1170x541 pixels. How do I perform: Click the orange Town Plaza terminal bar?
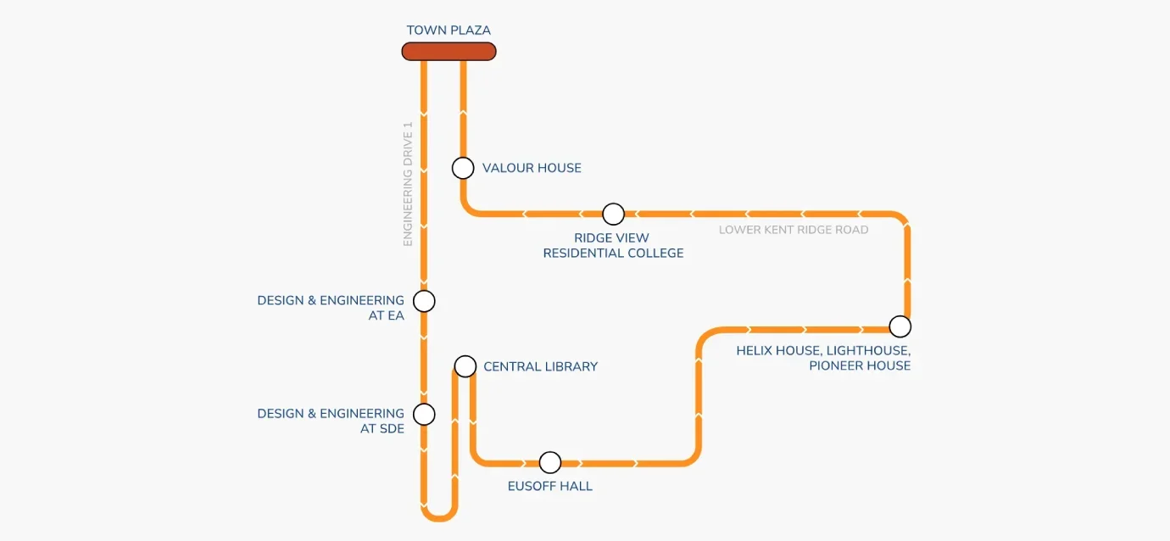tap(448, 52)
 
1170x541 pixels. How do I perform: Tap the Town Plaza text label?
tap(448, 31)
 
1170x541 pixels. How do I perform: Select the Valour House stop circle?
tap(463, 168)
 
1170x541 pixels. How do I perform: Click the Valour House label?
tap(532, 168)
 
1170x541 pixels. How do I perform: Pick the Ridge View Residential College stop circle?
tap(613, 214)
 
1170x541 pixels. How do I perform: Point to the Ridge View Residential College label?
tap(613, 246)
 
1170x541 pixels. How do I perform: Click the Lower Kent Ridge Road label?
tap(794, 230)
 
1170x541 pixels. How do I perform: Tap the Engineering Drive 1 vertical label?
tap(408, 184)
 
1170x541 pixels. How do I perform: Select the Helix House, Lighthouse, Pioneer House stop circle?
tap(900, 326)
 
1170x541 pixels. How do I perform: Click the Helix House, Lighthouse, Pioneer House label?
tap(823, 358)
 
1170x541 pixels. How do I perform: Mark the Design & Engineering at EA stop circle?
tap(424, 301)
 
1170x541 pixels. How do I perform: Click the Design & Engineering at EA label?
tap(331, 308)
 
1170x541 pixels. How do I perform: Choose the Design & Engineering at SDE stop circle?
tap(424, 415)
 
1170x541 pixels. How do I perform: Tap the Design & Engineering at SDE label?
tap(331, 421)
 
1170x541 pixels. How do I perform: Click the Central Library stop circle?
tap(465, 366)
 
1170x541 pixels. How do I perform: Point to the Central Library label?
tap(540, 367)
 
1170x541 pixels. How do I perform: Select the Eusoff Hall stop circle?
tap(550, 462)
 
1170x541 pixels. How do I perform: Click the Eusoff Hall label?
tap(550, 487)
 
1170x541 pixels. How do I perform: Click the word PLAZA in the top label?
tap(471, 31)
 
